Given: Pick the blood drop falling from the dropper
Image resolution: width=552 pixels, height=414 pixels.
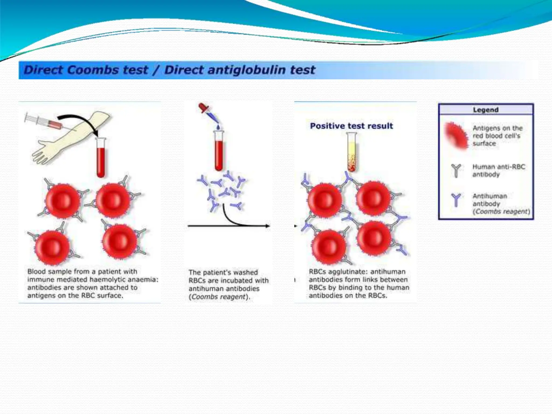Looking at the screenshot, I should click(x=218, y=127).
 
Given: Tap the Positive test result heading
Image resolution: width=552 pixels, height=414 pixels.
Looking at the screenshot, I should click(x=351, y=126).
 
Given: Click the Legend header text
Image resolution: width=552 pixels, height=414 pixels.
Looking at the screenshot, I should click(x=486, y=110).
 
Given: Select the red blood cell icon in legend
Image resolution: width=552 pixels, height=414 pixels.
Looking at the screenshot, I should click(x=457, y=136).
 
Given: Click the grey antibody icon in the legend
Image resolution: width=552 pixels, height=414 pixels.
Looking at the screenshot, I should click(x=456, y=171).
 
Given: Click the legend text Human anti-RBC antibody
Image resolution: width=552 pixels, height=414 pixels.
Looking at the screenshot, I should click(x=498, y=171).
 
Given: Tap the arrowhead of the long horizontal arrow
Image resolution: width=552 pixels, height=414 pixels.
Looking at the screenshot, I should click(x=267, y=226).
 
